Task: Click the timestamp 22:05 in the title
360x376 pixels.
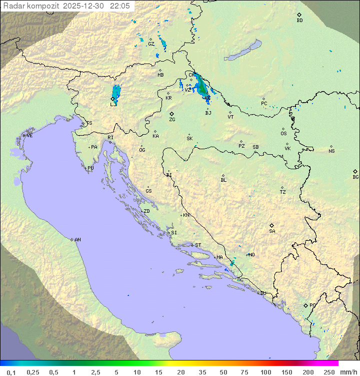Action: click(x=120, y=6)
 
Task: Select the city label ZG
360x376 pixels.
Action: click(x=172, y=120)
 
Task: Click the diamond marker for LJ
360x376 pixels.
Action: click(x=112, y=99)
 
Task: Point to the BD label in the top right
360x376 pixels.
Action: click(x=299, y=21)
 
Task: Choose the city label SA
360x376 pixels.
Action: click(x=272, y=231)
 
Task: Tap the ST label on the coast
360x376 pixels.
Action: click(x=198, y=245)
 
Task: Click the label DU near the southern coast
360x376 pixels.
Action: click(x=263, y=293)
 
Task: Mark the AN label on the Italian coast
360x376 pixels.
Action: click(x=77, y=240)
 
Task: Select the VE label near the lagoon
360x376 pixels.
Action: click(x=29, y=136)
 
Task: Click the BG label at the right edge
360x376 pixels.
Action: click(x=355, y=177)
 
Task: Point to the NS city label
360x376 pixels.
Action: click(x=331, y=151)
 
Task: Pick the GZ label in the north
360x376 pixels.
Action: click(x=151, y=44)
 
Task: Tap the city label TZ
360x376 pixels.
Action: click(x=282, y=192)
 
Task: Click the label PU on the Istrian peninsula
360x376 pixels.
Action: click(x=90, y=168)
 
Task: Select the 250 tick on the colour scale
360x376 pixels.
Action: click(x=329, y=372)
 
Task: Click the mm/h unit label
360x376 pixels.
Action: click(x=348, y=372)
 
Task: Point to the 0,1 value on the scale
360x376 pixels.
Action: click(x=11, y=372)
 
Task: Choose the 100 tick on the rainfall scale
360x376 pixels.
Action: click(x=265, y=372)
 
